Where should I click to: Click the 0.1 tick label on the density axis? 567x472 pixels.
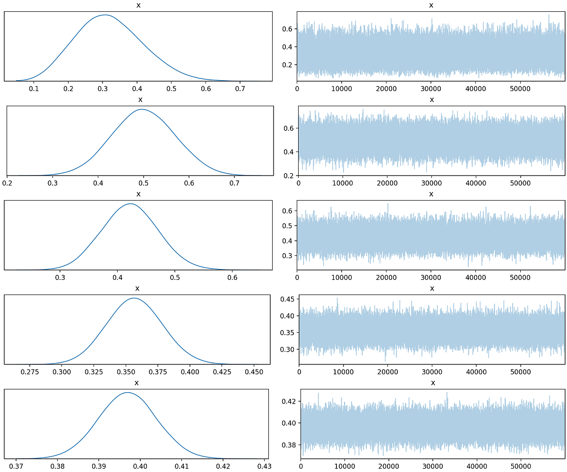pyautogui.click(x=34, y=88)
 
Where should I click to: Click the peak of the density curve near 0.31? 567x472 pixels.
pyautogui.click(x=105, y=15)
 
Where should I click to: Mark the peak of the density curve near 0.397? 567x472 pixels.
pyautogui.click(x=127, y=393)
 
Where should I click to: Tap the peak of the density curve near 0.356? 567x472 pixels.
pyautogui.click(x=134, y=298)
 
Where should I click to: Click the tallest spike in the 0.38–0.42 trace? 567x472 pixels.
pyautogui.click(x=447, y=392)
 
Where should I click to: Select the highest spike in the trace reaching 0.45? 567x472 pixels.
pyautogui.click(x=337, y=298)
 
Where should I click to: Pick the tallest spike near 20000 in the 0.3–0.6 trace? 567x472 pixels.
pyautogui.click(x=388, y=204)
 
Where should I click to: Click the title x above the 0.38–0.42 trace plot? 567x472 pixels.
pyautogui.click(x=432, y=383)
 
